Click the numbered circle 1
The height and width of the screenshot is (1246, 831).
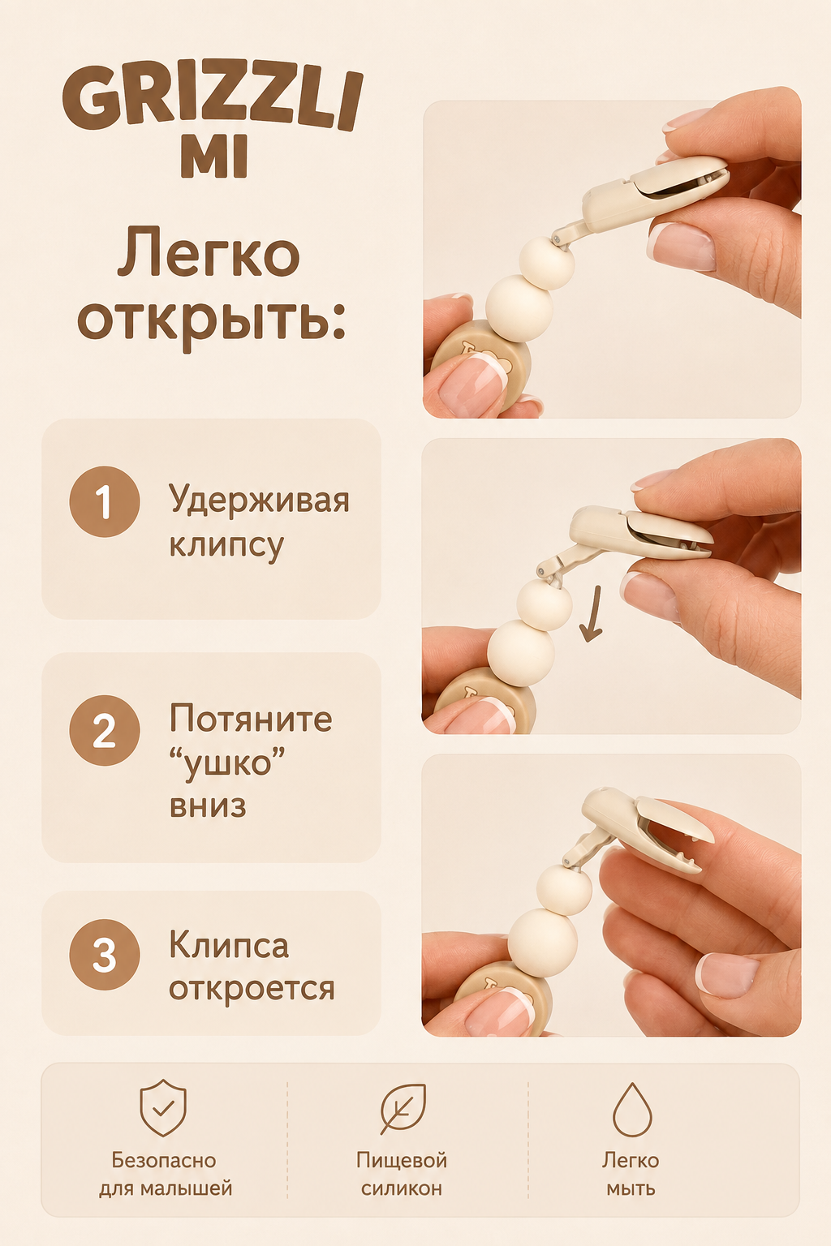[105, 501]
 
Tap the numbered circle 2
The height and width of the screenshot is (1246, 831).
[105, 730]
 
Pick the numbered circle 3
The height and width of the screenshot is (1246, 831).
[105, 955]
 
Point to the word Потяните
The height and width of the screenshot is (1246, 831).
[251, 719]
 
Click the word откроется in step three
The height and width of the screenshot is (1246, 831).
[252, 988]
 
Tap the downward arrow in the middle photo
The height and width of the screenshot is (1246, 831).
[592, 614]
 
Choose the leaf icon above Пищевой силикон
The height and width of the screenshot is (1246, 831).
[403, 1108]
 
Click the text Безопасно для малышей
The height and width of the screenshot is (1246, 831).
[166, 1175]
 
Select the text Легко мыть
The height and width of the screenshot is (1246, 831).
[631, 1175]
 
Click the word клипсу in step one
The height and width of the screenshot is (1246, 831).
[226, 544]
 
